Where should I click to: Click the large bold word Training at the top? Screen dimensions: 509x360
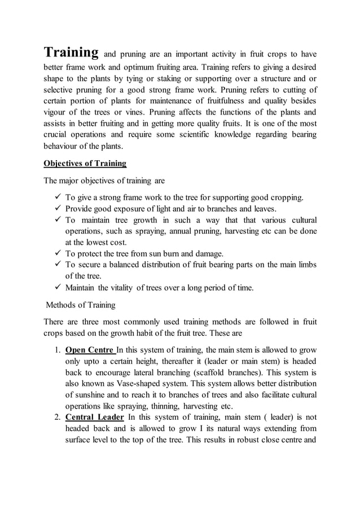tap(72, 53)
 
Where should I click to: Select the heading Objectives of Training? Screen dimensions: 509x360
tap(85, 164)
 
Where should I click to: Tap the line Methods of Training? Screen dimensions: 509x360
tap(80, 305)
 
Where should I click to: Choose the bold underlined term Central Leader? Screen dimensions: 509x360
tap(94, 417)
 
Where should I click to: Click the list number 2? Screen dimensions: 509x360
tap(57, 417)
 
